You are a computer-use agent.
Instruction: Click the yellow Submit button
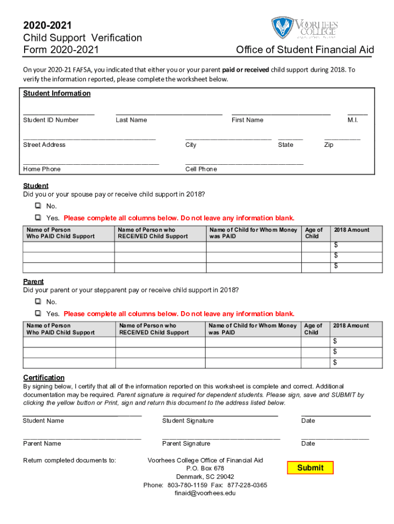(x=310, y=468)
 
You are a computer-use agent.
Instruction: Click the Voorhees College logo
(x=304, y=28)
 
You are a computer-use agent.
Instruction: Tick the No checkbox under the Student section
(x=38, y=206)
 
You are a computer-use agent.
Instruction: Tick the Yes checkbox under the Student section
(x=38, y=218)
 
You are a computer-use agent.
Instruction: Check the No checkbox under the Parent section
(x=38, y=302)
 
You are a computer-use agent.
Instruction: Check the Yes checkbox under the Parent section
(x=38, y=313)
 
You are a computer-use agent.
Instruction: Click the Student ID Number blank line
(x=58, y=113)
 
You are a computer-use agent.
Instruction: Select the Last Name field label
(x=131, y=120)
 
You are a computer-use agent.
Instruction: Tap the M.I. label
(x=353, y=120)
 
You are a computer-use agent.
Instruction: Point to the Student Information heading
(x=57, y=94)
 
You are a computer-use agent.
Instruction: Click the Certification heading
(x=43, y=378)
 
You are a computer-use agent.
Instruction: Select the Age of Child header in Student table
(x=314, y=233)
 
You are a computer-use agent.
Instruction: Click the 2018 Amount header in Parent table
(x=351, y=326)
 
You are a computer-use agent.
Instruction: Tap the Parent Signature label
(x=186, y=444)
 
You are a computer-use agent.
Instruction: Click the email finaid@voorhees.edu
(x=205, y=493)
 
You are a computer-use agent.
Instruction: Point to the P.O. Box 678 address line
(x=205, y=468)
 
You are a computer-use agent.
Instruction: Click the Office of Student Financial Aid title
(x=305, y=50)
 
